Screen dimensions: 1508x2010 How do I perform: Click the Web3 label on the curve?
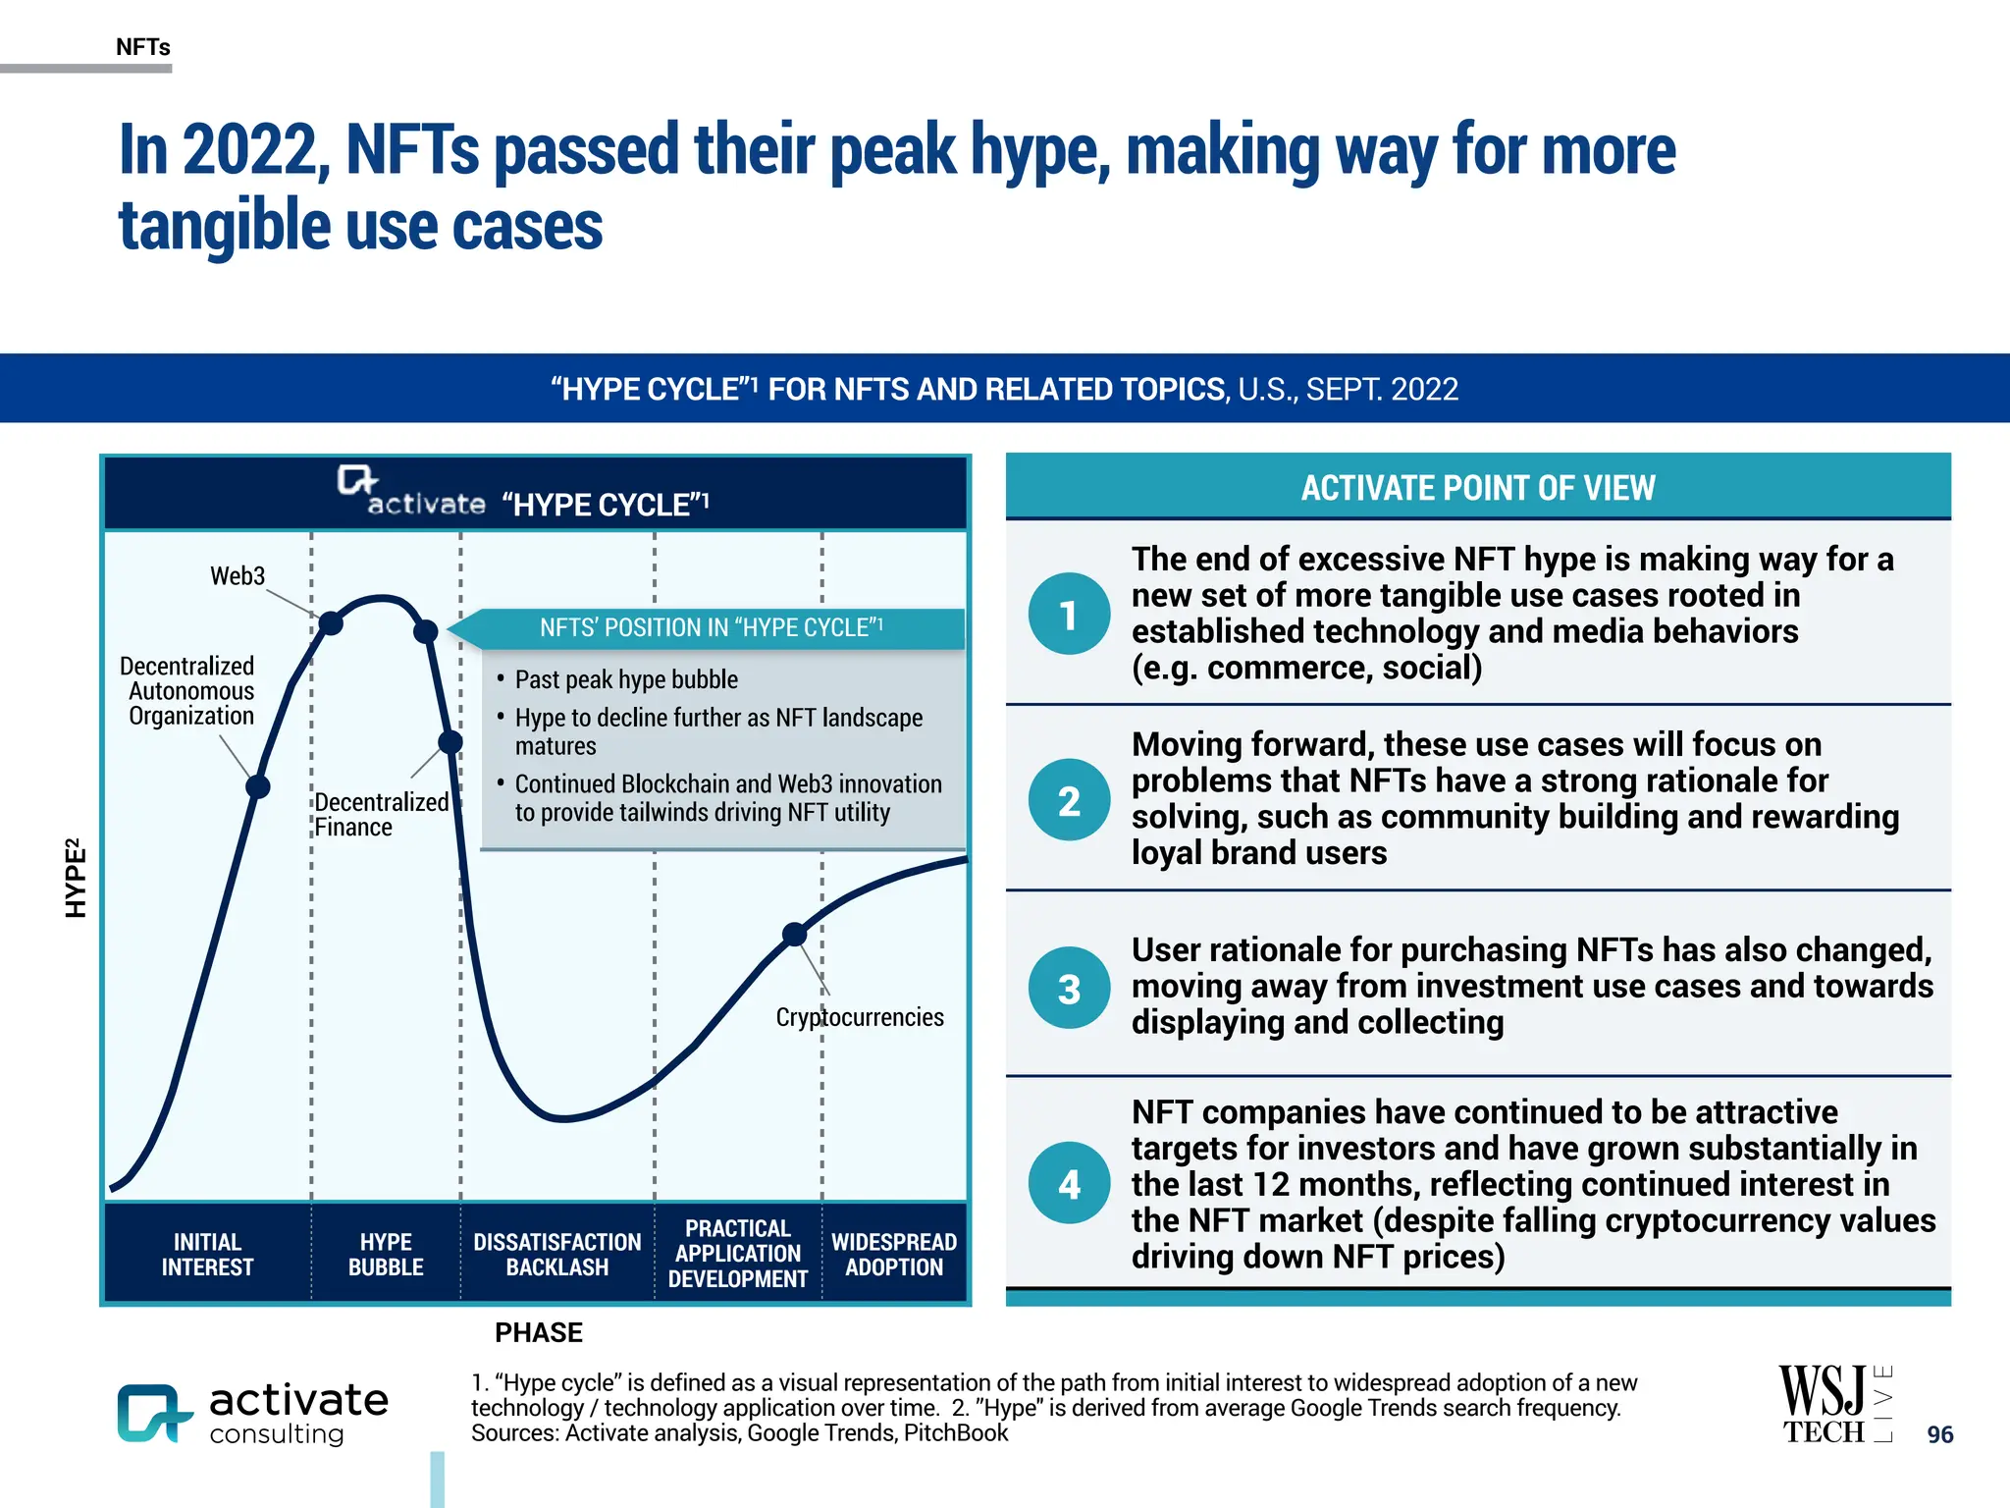click(x=238, y=575)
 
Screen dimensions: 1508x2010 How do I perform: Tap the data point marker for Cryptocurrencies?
click(x=794, y=934)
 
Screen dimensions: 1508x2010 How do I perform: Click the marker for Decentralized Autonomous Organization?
click(x=257, y=786)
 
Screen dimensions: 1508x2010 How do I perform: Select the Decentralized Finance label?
click(x=381, y=815)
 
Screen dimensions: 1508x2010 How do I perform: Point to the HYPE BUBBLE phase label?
click(x=386, y=1254)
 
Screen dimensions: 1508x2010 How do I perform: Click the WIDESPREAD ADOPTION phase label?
click(x=893, y=1254)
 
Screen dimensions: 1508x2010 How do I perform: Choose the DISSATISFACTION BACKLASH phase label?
click(x=556, y=1254)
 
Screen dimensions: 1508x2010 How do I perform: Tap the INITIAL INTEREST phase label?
click(x=207, y=1254)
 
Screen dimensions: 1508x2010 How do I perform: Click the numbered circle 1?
click(x=1069, y=615)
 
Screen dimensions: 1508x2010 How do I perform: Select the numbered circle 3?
click(x=1069, y=988)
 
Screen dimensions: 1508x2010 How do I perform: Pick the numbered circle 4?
click(x=1069, y=1183)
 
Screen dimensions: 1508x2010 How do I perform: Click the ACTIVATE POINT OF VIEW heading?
click(x=1477, y=488)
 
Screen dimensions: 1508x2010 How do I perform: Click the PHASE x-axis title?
click(x=538, y=1332)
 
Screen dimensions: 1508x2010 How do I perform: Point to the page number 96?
click(x=1939, y=1434)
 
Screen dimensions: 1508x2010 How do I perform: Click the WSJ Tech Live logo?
click(x=1833, y=1404)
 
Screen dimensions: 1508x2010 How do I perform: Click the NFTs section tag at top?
click(x=143, y=47)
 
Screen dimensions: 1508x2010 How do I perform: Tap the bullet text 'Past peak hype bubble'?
click(x=626, y=679)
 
